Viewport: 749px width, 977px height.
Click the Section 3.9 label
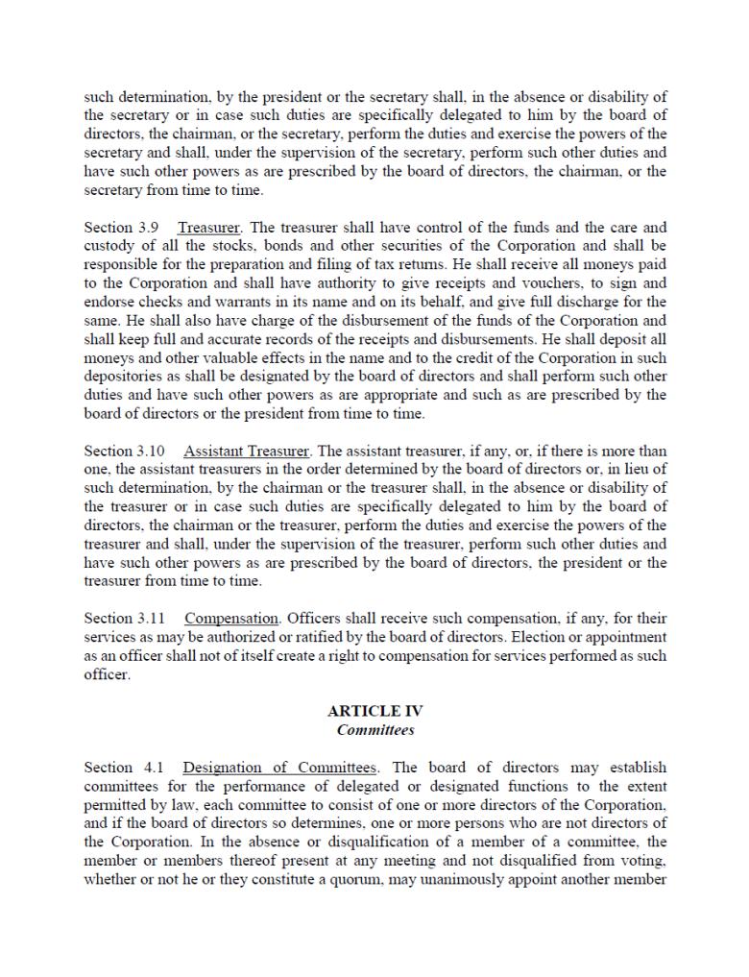[x=109, y=228]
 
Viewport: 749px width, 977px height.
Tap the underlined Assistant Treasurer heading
[x=247, y=452]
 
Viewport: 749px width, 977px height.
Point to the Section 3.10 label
[x=112, y=452]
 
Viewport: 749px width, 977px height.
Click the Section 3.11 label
[x=112, y=619]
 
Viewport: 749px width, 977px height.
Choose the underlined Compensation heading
[x=231, y=619]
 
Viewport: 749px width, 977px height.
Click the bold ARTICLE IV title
[x=374, y=712]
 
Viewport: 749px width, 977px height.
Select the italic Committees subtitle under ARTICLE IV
[x=374, y=730]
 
